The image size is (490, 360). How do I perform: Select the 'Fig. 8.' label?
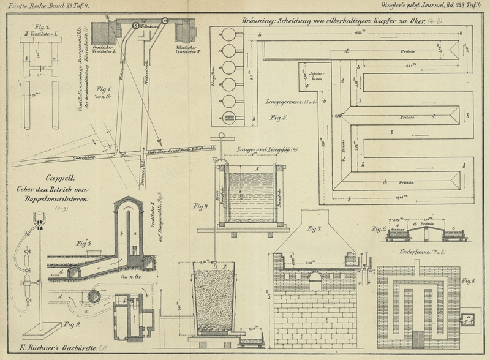(x=468, y=282)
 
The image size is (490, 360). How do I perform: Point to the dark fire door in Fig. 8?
(x=420, y=339)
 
